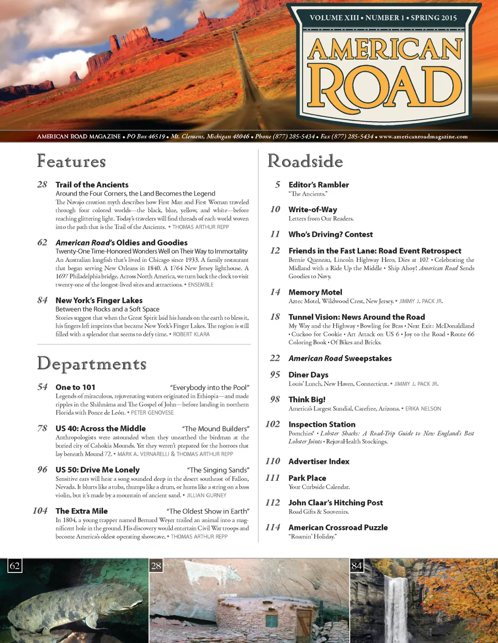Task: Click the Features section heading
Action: [71, 161]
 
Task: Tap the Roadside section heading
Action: [305, 161]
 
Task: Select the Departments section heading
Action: [92, 364]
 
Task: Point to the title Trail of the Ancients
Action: [92, 184]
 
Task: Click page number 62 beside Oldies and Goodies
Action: [42, 242]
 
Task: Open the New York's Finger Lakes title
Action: [99, 300]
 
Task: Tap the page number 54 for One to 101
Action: [42, 387]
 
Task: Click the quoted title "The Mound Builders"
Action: [215, 429]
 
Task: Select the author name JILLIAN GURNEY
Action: [207, 495]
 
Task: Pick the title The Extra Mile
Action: [82, 511]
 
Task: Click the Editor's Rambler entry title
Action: [319, 184]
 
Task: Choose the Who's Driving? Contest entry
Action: [331, 234]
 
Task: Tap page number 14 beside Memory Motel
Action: [275, 292]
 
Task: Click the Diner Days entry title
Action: [308, 374]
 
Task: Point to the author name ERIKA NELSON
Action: [423, 409]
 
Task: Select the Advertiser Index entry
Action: [319, 461]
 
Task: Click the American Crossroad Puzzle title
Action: [338, 527]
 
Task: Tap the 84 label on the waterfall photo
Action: [356, 566]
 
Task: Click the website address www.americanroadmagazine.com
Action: [423, 137]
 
